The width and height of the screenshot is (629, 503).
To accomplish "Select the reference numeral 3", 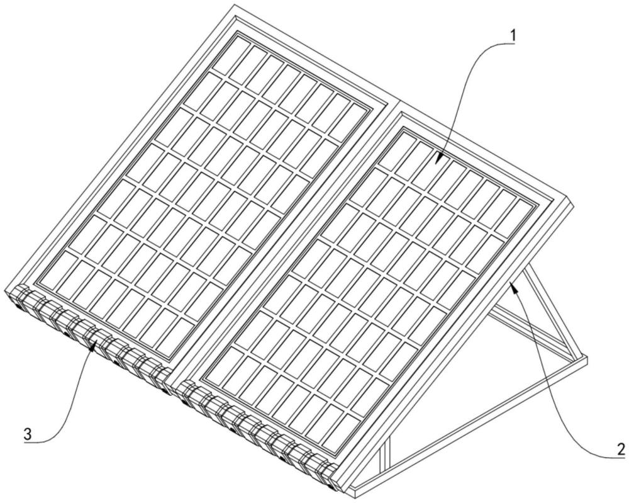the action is [x=27, y=434].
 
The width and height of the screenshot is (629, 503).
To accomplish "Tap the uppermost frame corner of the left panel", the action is [x=234, y=5].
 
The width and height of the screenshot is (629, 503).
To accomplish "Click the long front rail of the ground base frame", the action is [x=469, y=426].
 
